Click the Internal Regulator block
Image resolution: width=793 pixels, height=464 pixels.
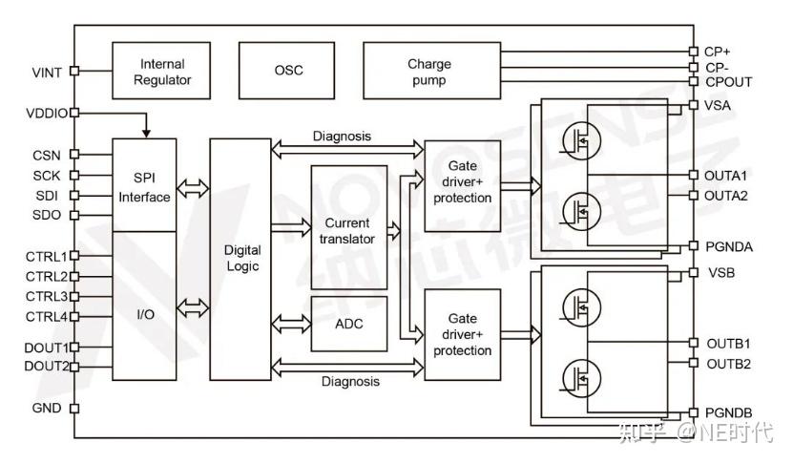click(x=162, y=72)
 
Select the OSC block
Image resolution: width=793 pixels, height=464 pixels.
click(x=288, y=72)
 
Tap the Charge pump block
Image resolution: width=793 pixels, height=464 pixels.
click(x=429, y=72)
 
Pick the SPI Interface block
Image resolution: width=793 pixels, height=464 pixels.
click(x=145, y=186)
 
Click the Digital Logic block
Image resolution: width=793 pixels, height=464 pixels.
click(x=241, y=258)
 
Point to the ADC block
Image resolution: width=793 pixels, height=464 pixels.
click(x=349, y=324)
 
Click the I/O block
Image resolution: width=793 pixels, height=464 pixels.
click(x=145, y=312)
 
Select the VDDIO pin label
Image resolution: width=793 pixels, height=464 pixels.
click(x=47, y=114)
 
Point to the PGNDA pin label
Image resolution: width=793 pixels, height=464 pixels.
click(x=729, y=247)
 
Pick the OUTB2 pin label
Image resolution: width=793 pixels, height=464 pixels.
click(x=729, y=364)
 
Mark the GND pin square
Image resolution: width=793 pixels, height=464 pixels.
click(x=74, y=409)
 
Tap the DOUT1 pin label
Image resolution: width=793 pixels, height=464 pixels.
click(x=47, y=348)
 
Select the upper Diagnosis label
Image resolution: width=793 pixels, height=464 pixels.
click(x=342, y=137)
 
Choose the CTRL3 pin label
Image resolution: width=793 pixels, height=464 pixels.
click(x=47, y=296)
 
